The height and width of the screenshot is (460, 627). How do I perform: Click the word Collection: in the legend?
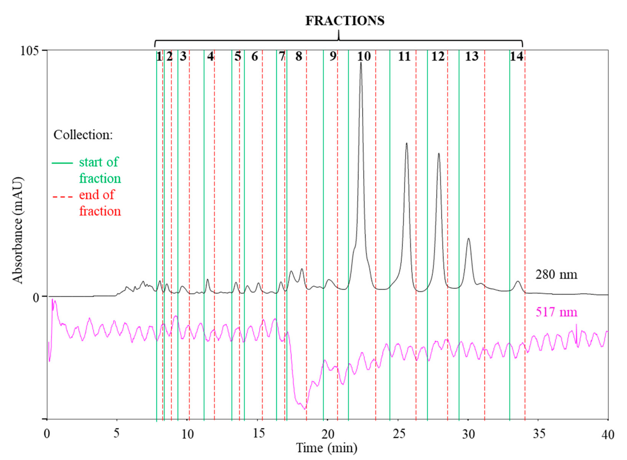(83, 135)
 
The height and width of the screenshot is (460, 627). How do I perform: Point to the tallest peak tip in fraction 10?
(361, 63)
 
